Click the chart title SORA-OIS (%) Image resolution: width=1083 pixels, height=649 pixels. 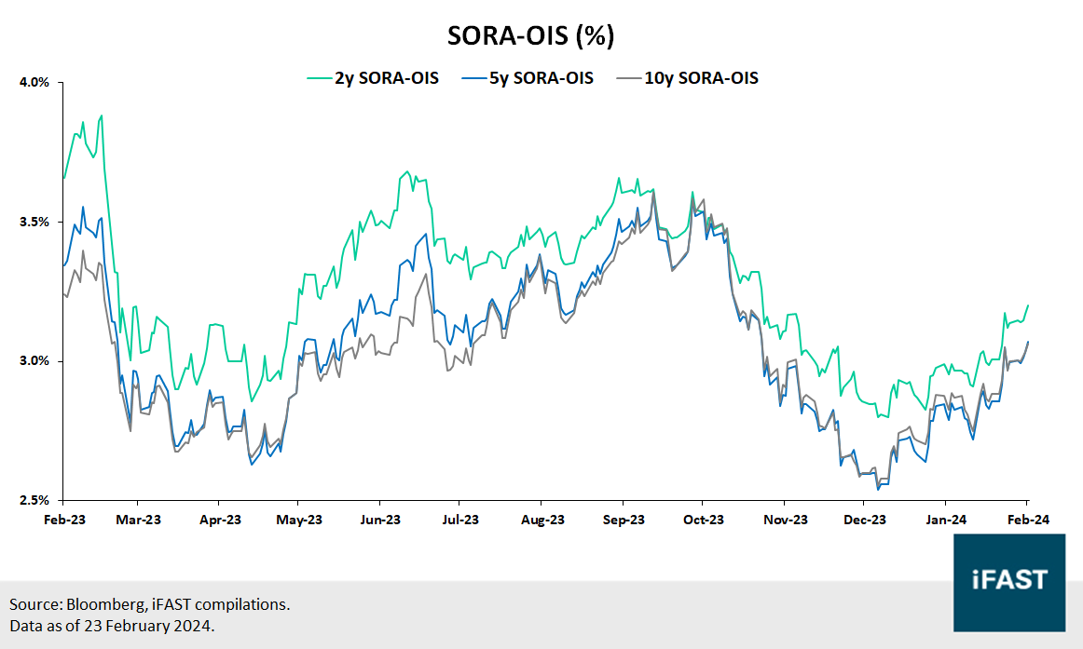pos(531,35)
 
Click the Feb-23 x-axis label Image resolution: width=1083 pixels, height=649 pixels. pos(64,520)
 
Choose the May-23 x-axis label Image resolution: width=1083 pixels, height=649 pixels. pos(300,520)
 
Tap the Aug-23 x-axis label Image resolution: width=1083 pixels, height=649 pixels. pos(543,520)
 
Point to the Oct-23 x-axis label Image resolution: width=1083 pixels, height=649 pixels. pos(704,520)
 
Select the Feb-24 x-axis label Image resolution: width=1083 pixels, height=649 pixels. pos(1028,520)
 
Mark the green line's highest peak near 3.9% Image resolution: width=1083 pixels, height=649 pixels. pos(101,116)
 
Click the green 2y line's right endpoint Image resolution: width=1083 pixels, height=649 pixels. pos(1028,305)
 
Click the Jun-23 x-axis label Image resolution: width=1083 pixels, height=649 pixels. pos(381,520)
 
